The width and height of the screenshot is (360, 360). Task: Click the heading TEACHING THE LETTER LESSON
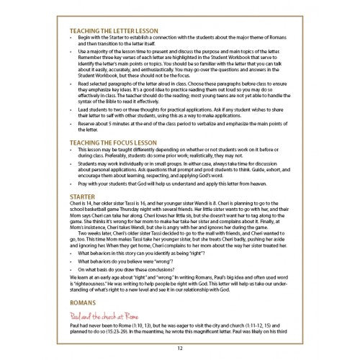tap(115, 31)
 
